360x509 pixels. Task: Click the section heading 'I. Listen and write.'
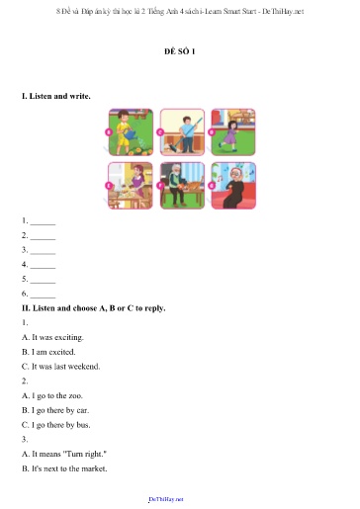point(56,97)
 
